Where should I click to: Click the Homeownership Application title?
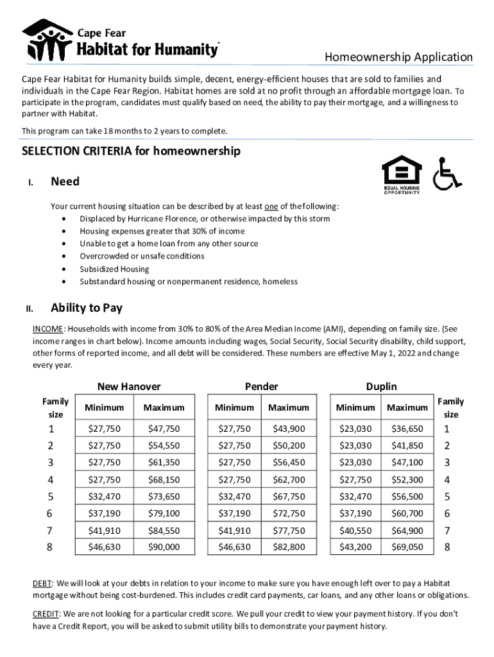398,57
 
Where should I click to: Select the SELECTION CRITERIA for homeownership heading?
131,151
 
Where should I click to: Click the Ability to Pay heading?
87,308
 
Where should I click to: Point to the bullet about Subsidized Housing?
114,269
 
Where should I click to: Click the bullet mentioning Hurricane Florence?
205,219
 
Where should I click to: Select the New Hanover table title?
129,386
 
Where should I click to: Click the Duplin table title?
381,386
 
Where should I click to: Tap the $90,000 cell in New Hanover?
164,547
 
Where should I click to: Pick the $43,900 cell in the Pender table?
288,429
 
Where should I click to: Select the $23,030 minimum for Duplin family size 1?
355,429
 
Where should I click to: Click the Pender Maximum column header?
288,407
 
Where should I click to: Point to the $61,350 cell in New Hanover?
164,462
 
